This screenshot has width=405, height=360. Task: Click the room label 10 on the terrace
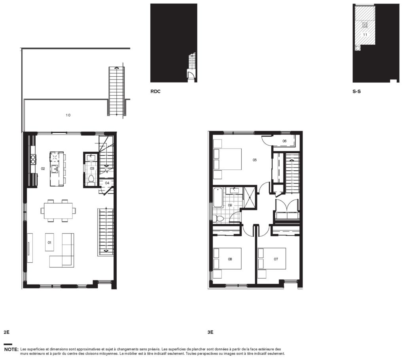coord(68,115)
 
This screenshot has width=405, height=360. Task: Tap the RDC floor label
coord(155,91)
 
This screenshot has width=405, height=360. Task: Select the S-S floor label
coord(357,91)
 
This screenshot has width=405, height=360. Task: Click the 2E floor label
coord(7,332)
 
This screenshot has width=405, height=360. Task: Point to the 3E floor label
coord(210,332)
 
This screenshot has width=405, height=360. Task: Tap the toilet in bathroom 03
coord(91,180)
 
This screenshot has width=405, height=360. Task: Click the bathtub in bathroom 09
coord(218,198)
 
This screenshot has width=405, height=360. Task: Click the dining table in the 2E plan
coord(58,211)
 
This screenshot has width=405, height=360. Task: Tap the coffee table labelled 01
coord(49,242)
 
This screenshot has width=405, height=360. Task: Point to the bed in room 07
coord(272,258)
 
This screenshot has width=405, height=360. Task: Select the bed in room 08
coord(227,258)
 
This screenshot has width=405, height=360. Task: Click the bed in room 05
coord(227,159)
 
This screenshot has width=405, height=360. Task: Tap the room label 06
coord(284,141)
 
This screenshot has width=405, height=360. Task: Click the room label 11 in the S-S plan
coord(365,35)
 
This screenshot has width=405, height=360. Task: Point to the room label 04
coord(107,183)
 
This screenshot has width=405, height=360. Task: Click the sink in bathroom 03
coord(91,157)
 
